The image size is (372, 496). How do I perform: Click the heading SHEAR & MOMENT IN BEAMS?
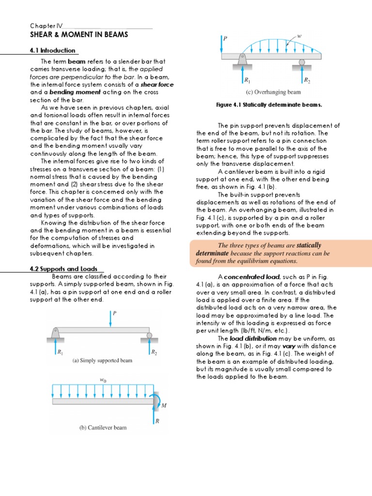click(x=79, y=34)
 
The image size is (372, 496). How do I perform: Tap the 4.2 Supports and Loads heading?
click(x=64, y=269)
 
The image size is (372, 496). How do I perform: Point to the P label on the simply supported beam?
click(x=115, y=313)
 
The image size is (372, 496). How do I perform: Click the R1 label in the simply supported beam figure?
click(x=61, y=352)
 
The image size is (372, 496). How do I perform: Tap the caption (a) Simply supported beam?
click(x=102, y=361)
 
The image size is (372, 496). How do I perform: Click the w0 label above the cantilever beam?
click(x=103, y=380)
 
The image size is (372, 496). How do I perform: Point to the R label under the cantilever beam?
click(x=157, y=421)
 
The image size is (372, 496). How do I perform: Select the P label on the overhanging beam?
click(x=225, y=38)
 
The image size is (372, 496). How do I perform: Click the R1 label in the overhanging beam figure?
click(x=248, y=80)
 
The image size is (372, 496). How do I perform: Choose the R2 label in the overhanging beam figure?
click(x=307, y=80)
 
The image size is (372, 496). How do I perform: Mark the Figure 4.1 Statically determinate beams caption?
click(x=269, y=105)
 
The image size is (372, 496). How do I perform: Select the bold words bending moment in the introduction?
click(x=72, y=92)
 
